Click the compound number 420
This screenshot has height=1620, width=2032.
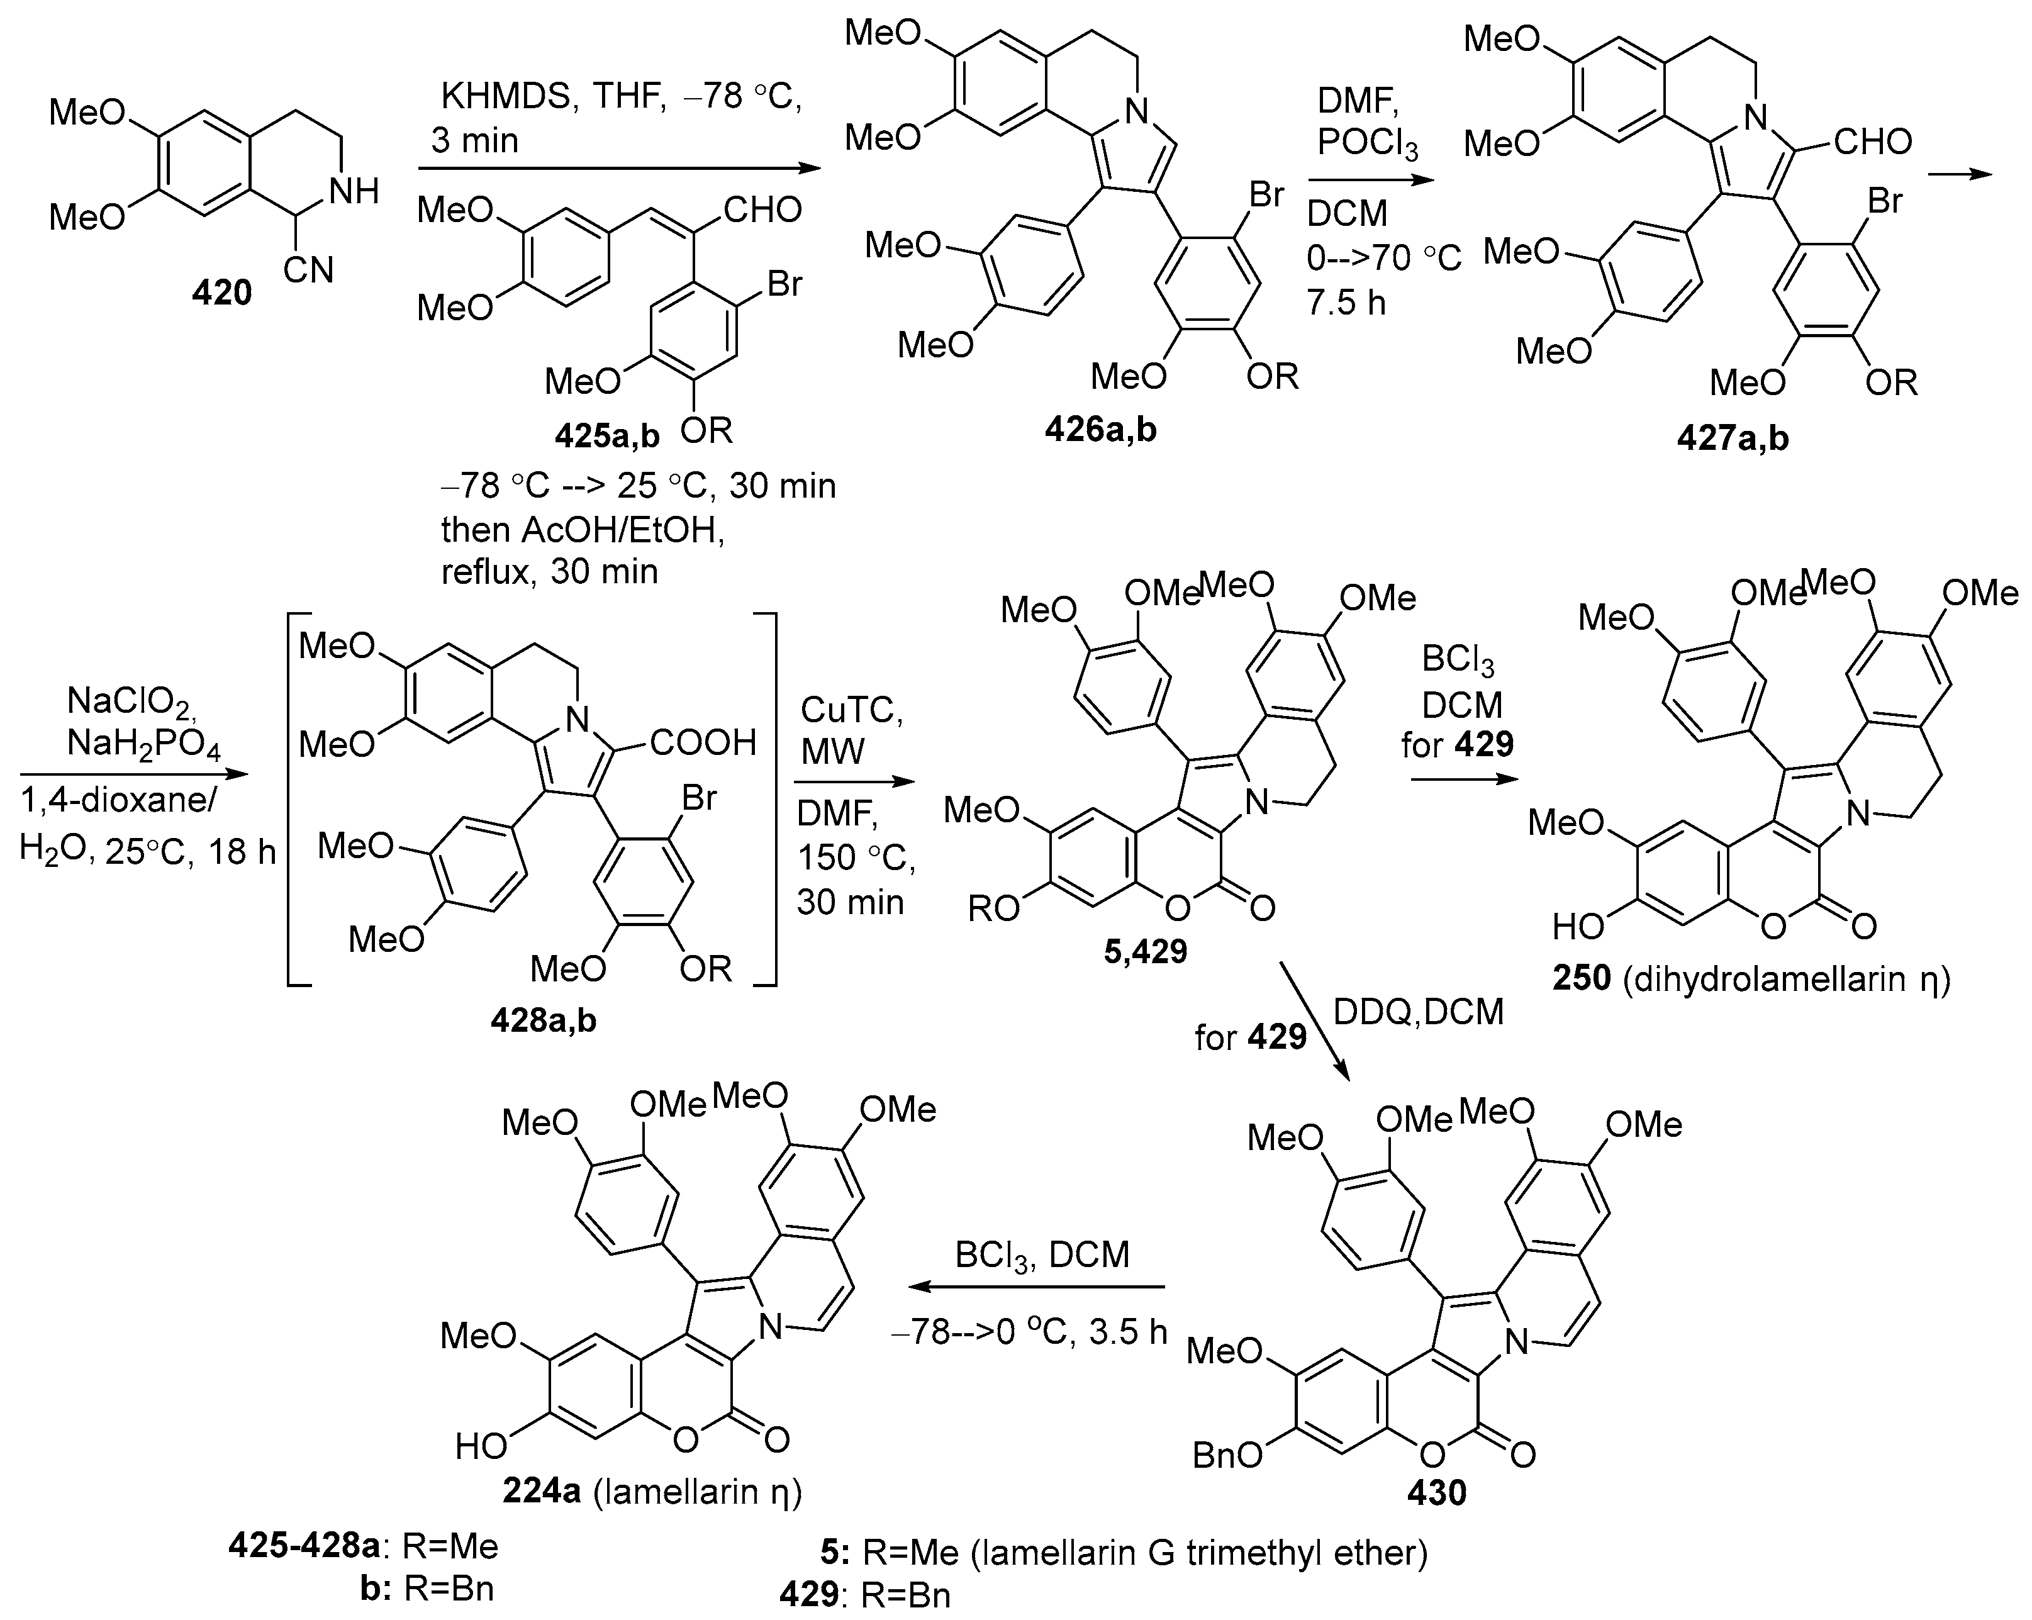click(x=223, y=294)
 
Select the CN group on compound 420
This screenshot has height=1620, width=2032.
click(x=309, y=271)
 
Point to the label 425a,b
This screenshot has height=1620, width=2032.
click(x=607, y=435)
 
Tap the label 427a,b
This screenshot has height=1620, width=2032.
click(x=1733, y=439)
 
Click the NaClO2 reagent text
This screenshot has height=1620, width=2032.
click(x=132, y=700)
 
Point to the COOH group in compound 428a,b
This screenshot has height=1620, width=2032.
click(x=702, y=744)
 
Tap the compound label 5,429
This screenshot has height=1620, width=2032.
click(x=1145, y=952)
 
